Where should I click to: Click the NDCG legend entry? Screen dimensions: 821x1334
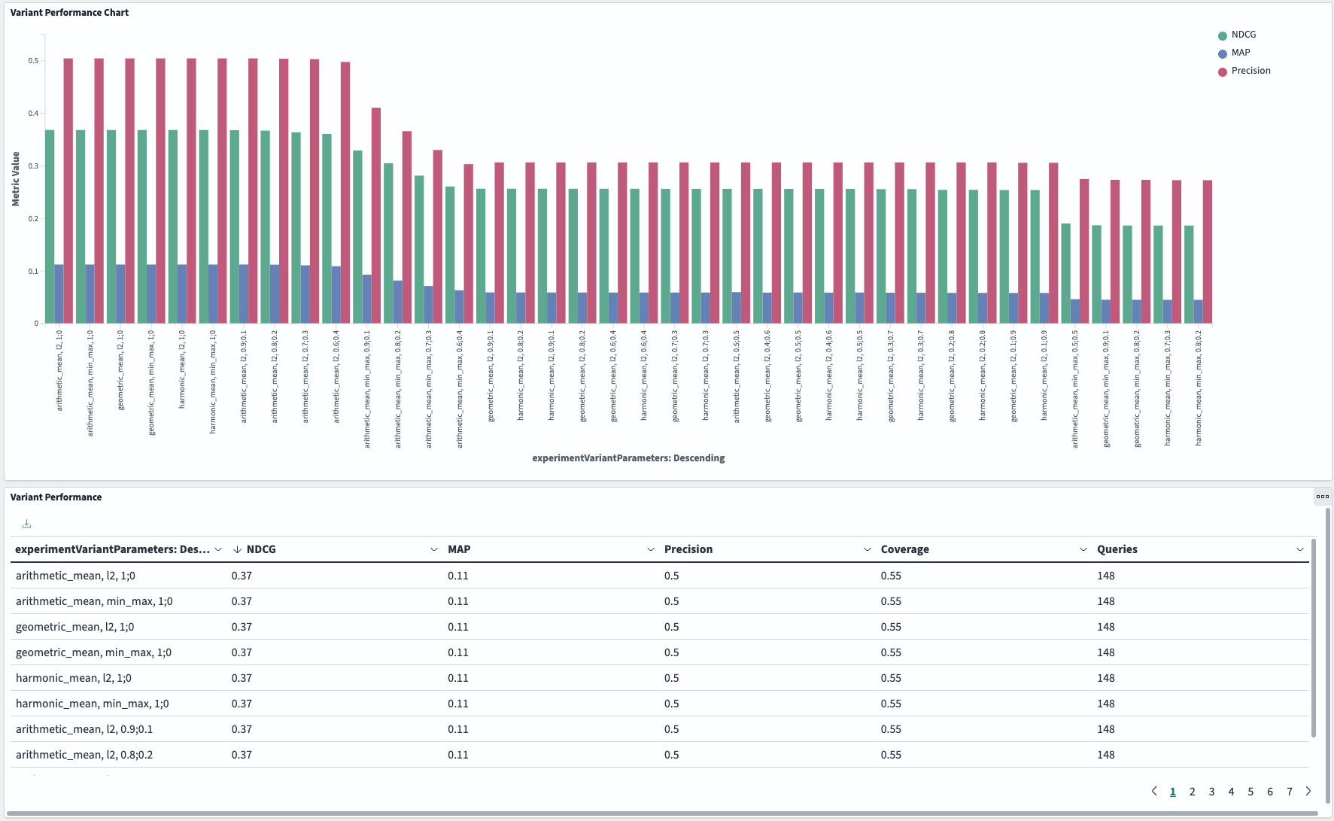pos(1243,35)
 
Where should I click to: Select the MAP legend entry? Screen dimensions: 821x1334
pos(1240,53)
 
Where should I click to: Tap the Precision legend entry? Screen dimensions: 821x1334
pos(1250,71)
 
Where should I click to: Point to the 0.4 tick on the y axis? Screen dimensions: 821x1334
pos(34,114)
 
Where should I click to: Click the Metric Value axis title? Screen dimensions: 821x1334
pos(16,179)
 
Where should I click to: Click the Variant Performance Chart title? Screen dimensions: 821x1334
pos(69,13)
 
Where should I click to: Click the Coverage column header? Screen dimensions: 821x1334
pos(904,549)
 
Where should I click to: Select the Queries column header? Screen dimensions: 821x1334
pos(1117,549)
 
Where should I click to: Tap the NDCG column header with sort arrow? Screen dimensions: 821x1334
pos(260,549)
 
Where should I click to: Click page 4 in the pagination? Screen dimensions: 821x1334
pos(1231,791)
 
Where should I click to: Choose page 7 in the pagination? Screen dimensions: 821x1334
pos(1290,791)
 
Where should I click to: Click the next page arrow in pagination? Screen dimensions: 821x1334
pos(1308,791)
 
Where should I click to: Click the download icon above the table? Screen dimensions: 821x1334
pos(26,524)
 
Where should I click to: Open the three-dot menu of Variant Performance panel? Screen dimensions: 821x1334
pos(1322,497)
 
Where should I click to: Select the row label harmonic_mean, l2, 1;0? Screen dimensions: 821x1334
pos(74,678)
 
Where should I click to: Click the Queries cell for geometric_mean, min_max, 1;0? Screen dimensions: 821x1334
pos(1105,652)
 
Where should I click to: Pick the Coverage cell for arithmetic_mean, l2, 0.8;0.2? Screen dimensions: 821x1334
pos(891,755)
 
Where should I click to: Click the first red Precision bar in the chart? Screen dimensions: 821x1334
pos(68,191)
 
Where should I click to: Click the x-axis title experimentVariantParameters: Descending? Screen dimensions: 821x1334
pos(628,458)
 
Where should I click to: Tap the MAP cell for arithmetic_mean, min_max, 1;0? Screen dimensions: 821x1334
pos(457,601)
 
